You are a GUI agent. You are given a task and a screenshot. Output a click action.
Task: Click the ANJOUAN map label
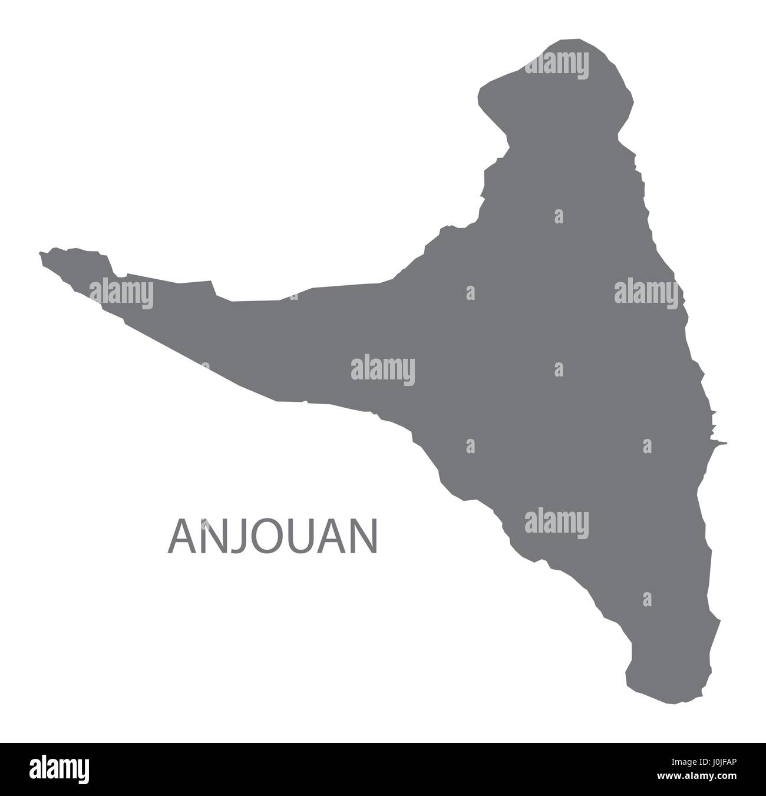(x=273, y=537)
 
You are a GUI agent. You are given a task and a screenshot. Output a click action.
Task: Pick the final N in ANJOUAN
(x=364, y=537)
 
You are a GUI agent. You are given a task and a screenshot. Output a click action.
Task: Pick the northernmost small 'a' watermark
(x=559, y=216)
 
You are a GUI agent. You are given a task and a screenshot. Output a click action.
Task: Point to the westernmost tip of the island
(x=40, y=255)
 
